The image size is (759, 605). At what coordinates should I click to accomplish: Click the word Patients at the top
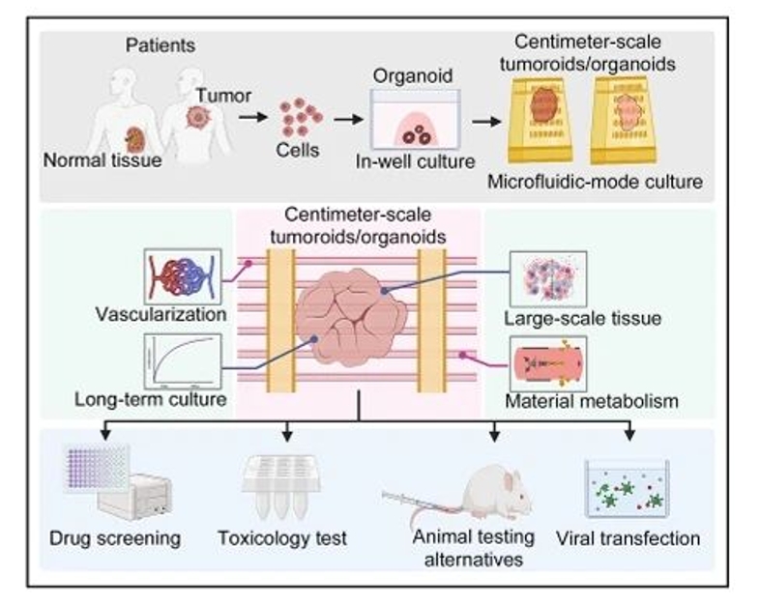[x=161, y=45]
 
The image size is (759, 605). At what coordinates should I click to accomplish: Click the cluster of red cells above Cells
[x=301, y=117]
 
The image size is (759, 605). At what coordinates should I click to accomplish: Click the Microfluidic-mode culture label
[x=608, y=180]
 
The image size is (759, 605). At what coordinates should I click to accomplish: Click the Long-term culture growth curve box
[x=183, y=360]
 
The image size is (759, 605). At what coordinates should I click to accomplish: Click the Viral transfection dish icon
[x=628, y=489]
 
